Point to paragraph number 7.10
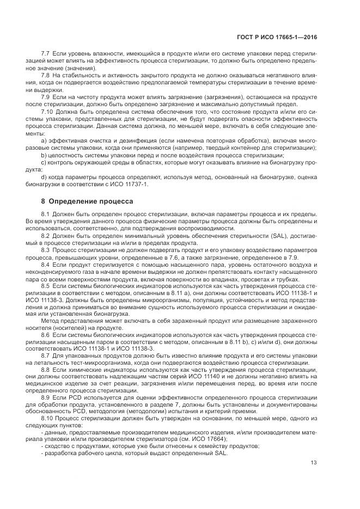tap(48, 112)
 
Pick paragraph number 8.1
tap(46, 213)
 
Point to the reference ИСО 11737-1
tap(130, 183)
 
